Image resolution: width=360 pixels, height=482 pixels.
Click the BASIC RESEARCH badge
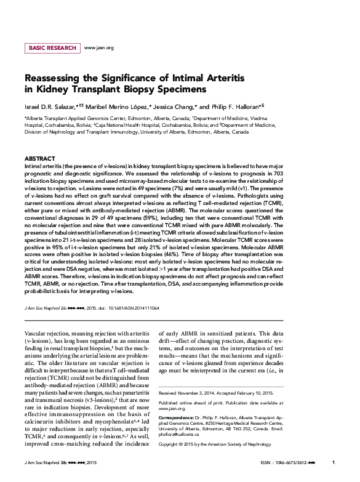(51, 47)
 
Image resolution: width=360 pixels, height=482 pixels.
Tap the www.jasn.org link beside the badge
(98, 47)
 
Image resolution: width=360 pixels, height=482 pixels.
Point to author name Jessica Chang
(175, 106)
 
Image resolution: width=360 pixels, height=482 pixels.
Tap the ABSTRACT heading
(39, 159)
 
